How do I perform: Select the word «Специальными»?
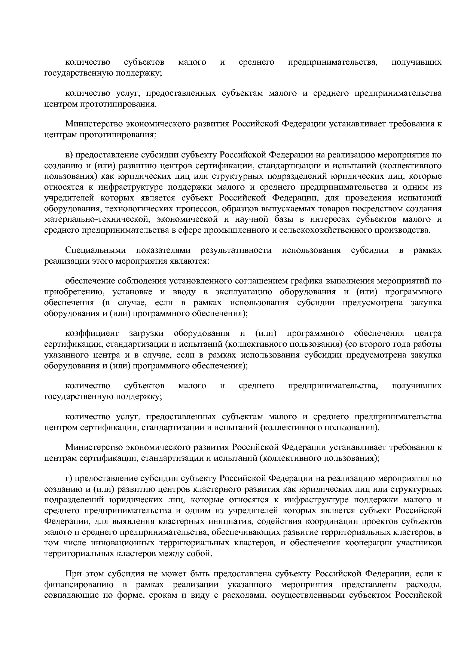click(95, 250)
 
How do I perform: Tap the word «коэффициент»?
click(92, 333)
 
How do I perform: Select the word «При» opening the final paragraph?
click(73, 574)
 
